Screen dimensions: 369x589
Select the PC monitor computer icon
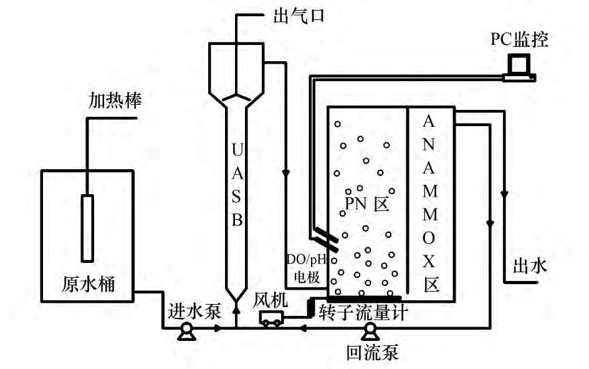519,67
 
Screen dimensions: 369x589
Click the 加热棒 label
114,100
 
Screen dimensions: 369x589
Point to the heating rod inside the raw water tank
87,227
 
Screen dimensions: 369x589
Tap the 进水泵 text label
194,311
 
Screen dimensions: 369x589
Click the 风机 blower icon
271,318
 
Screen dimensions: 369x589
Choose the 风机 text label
271,300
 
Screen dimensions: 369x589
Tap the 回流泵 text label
372,353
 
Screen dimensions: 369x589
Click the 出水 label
529,266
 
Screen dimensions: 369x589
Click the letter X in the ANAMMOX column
430,262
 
